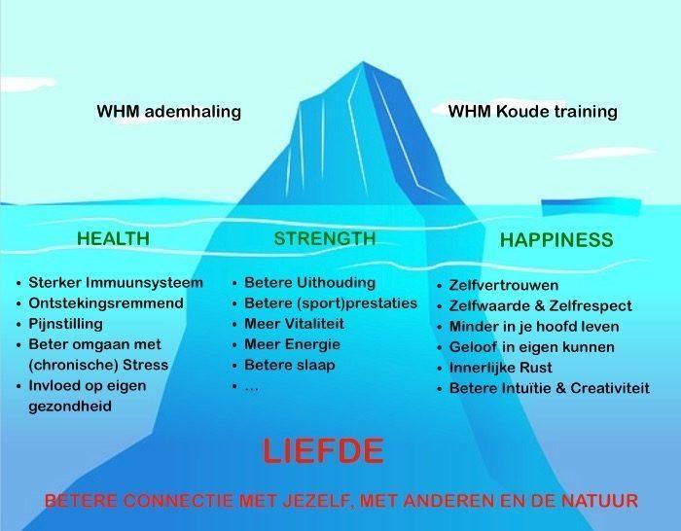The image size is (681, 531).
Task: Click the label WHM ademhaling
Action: [x=169, y=112]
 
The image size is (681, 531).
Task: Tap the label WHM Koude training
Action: [x=533, y=112]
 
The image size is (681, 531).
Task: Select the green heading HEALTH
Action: [x=114, y=239]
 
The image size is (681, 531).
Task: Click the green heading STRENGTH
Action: [x=325, y=239]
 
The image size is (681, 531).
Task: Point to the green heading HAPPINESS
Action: [x=556, y=240]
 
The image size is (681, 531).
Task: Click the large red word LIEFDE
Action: [x=324, y=451]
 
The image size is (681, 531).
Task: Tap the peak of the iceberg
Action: [x=363, y=62]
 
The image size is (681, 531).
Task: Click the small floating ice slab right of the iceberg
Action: [x=591, y=207]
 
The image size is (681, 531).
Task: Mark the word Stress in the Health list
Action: [x=146, y=365]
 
